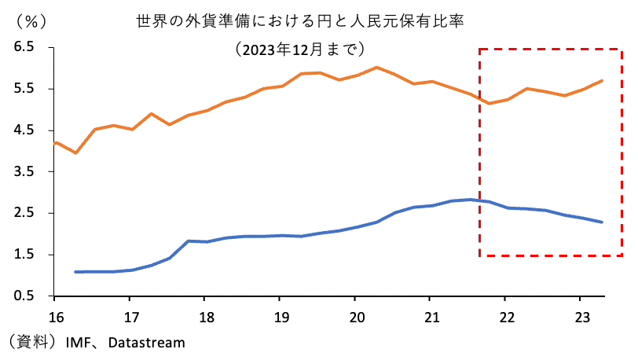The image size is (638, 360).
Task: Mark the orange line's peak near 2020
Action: click(x=376, y=68)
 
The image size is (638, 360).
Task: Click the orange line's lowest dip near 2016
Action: click(x=75, y=152)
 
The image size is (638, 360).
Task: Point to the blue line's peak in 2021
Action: click(x=470, y=200)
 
